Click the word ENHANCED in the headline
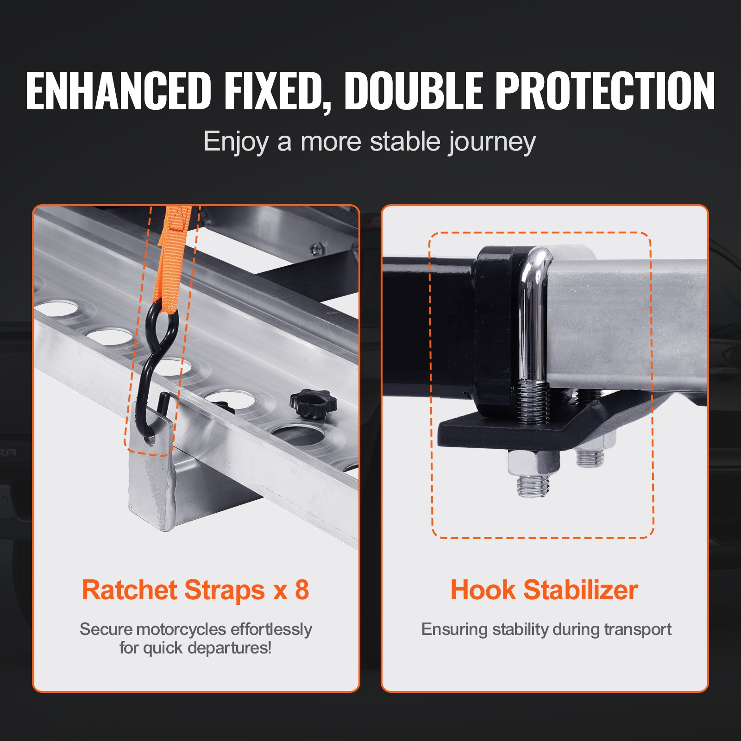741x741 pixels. (x=119, y=91)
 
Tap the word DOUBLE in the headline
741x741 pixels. (x=414, y=91)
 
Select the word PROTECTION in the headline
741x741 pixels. (x=606, y=91)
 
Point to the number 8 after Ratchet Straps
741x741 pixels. (x=301, y=590)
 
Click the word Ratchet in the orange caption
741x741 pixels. (x=130, y=590)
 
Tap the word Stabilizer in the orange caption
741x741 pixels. (x=581, y=590)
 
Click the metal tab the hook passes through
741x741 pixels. (x=151, y=431)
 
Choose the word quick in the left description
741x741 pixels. (x=162, y=648)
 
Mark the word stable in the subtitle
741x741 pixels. (x=404, y=141)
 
